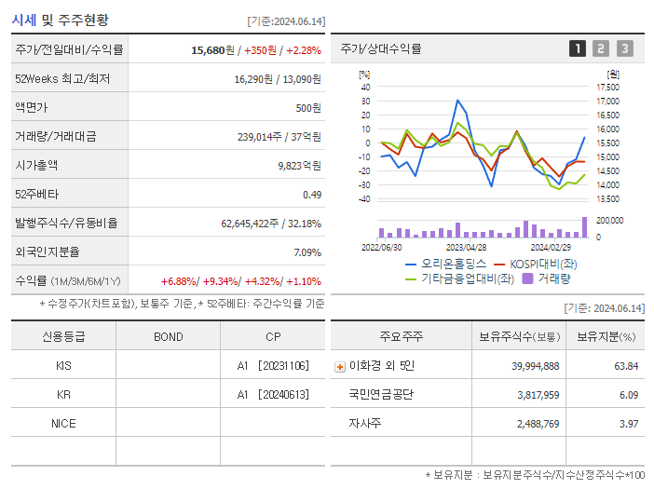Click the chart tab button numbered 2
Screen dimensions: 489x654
(x=601, y=48)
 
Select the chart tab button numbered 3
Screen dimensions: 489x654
(x=624, y=48)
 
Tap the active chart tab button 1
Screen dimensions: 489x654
(x=578, y=48)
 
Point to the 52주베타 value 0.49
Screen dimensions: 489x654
(x=311, y=194)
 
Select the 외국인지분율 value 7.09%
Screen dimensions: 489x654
(x=307, y=251)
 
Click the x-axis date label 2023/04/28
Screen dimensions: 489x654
(x=466, y=247)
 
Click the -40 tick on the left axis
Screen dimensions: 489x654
(x=365, y=198)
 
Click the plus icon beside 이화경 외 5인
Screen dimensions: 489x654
(x=339, y=366)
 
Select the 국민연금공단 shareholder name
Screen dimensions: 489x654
(x=380, y=394)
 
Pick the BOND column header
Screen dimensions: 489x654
(x=168, y=336)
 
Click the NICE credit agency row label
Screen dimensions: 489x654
(x=63, y=424)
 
